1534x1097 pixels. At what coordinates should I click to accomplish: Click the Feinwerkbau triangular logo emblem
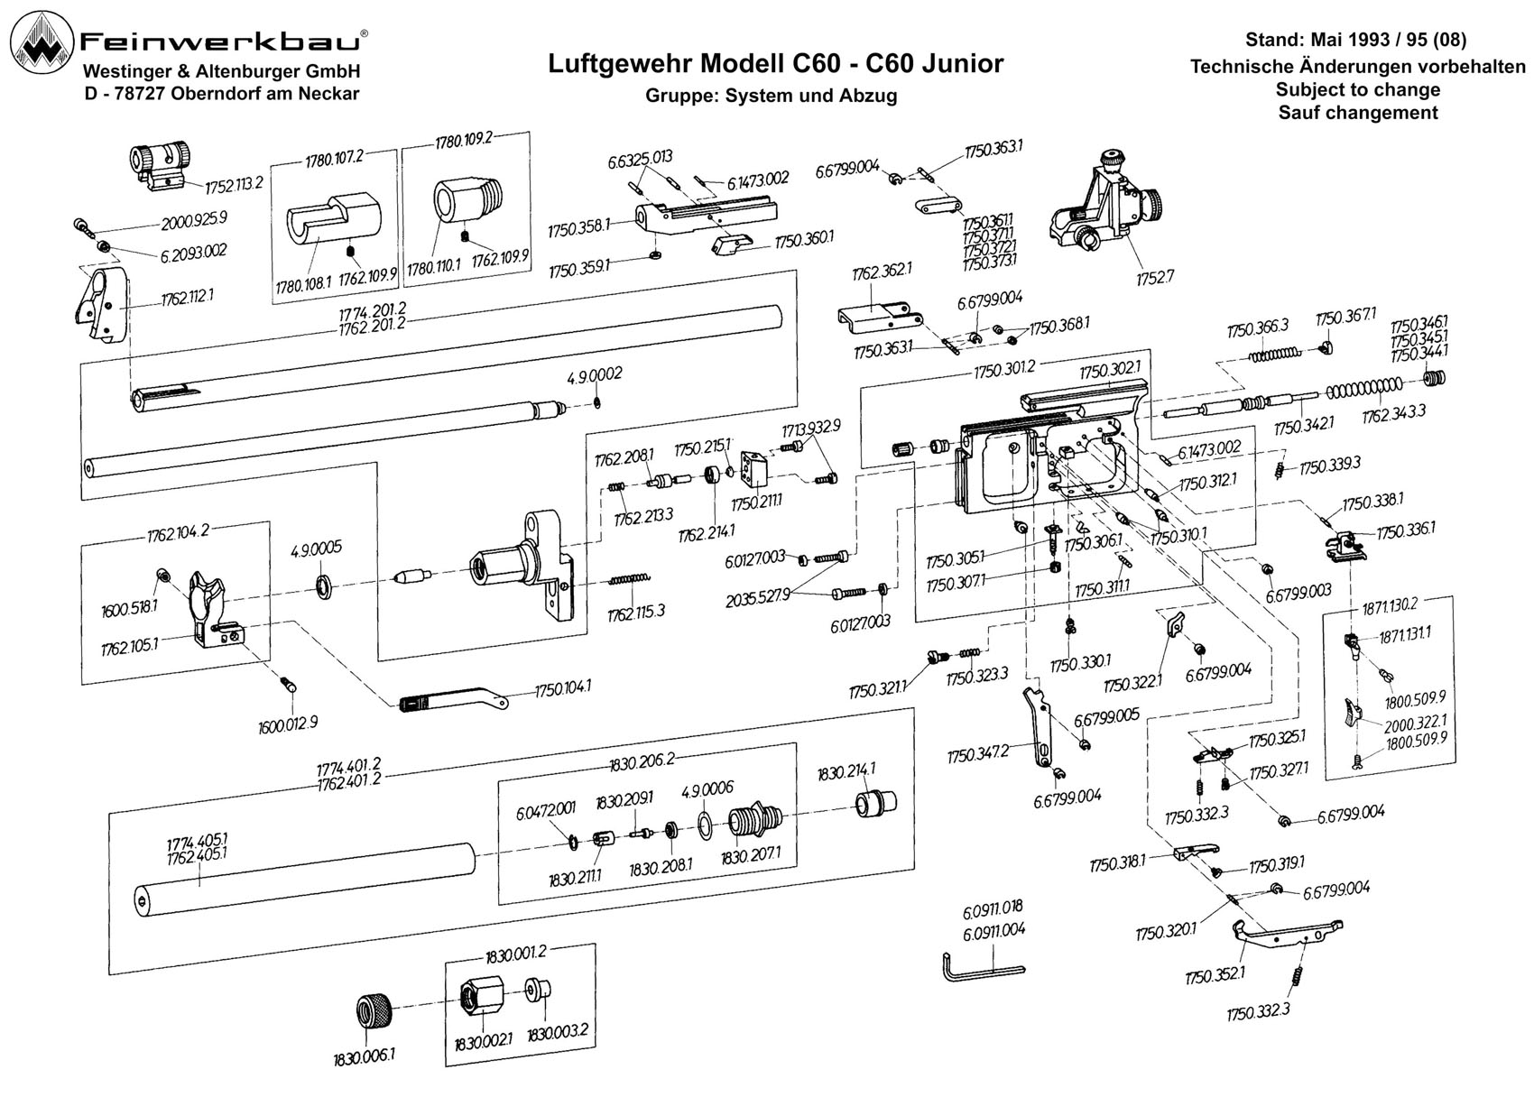click(42, 42)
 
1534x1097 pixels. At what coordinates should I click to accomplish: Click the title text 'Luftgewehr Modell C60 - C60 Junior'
click(775, 64)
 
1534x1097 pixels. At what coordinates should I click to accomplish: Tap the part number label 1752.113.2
click(234, 185)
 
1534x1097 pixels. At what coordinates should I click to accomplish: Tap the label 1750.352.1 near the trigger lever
click(1215, 974)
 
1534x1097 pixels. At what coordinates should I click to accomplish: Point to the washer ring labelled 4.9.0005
click(323, 587)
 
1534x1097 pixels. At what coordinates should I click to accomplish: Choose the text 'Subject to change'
click(1358, 89)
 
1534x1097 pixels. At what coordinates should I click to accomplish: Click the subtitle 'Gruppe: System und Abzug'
click(772, 96)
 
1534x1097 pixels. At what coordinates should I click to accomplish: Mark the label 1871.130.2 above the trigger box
click(1388, 605)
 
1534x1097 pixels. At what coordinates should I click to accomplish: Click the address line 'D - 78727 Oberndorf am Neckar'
click(222, 94)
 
